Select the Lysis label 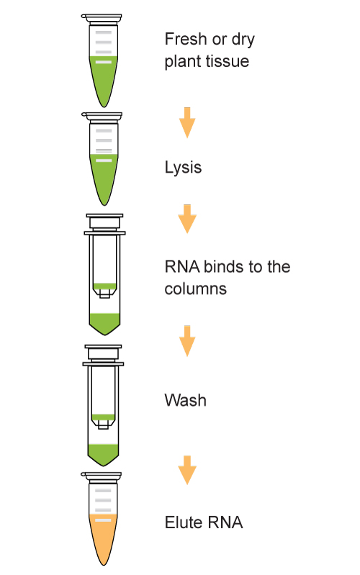[x=183, y=168]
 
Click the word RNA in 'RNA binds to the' [x=182, y=266]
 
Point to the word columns [x=195, y=289]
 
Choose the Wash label [x=185, y=400]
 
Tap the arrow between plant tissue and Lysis [x=187, y=122]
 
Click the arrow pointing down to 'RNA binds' [x=187, y=219]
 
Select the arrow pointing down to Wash [x=187, y=341]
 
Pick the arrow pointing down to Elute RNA [x=187, y=470]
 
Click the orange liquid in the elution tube [x=103, y=535]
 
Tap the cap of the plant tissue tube [x=102, y=17]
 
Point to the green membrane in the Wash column [x=103, y=417]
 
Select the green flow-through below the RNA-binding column [x=104, y=322]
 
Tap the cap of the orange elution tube [x=102, y=476]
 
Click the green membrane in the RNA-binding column [x=104, y=286]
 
